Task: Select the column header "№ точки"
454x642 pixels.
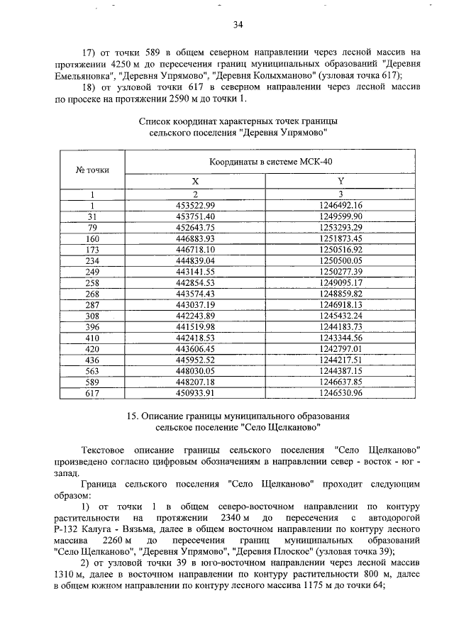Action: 92,170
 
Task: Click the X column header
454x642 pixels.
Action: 195,182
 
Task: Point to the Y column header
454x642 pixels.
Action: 340,182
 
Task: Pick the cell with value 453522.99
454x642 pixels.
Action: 195,204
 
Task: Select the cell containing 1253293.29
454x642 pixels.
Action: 340,227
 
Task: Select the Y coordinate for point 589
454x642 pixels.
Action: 340,381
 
